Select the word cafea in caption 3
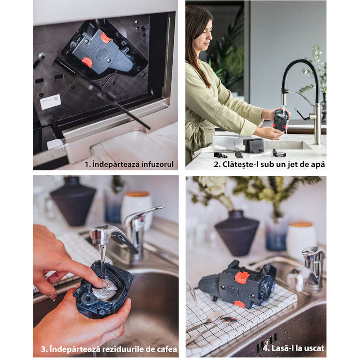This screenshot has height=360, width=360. point(166,349)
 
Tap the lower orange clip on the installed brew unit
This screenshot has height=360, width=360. point(87,62)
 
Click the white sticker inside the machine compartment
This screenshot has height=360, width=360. point(50,101)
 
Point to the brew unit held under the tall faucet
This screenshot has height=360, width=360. point(281,122)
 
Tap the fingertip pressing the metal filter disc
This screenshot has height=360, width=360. point(104,284)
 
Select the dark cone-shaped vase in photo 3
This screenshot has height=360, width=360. point(73,201)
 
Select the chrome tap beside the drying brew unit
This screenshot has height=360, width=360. point(313,268)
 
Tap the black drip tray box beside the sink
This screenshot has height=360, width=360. point(254,145)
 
